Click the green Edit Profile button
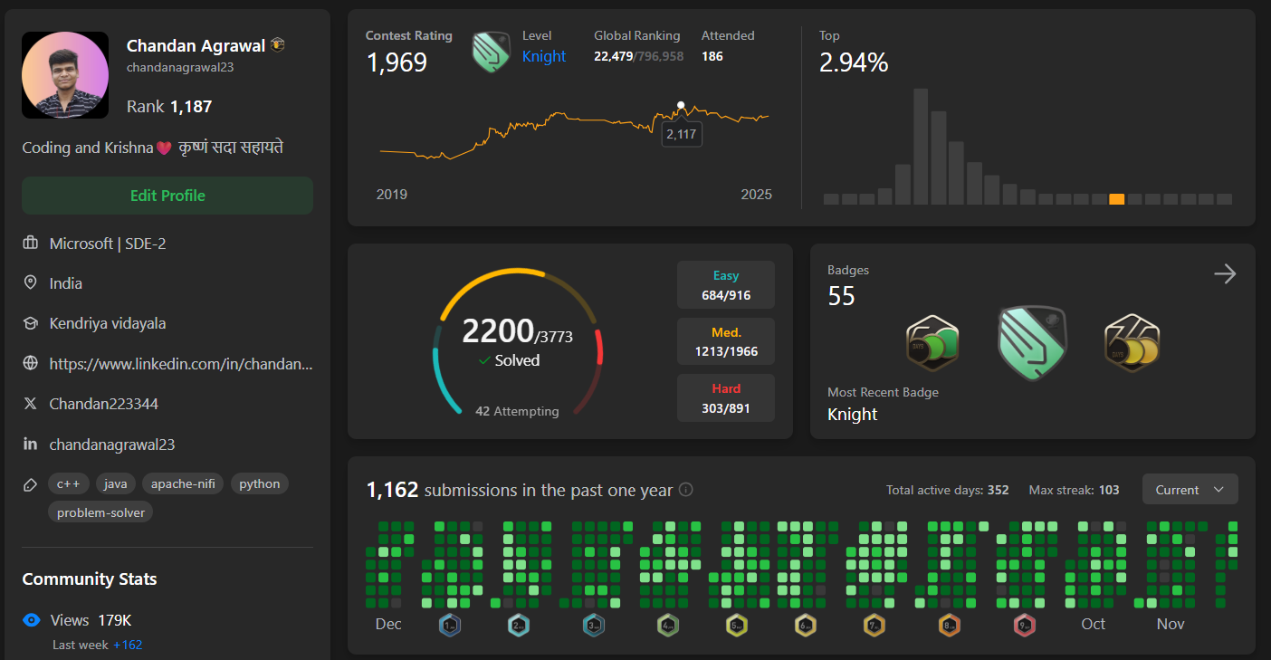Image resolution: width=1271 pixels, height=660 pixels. [167, 196]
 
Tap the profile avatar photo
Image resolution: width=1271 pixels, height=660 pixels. [65, 75]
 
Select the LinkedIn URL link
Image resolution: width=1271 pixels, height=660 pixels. [181, 363]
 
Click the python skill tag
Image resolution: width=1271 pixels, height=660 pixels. [260, 483]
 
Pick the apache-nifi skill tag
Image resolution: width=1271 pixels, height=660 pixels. [183, 483]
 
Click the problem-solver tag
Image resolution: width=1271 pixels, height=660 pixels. [100, 512]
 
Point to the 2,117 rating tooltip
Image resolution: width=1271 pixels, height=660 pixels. [682, 134]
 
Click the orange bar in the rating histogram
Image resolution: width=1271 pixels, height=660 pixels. [1117, 199]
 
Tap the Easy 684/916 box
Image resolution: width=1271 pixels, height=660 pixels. [726, 285]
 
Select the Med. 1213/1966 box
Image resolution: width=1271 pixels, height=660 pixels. [726, 341]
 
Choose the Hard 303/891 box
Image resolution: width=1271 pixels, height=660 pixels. [726, 397]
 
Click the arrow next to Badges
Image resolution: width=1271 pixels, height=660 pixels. [1225, 274]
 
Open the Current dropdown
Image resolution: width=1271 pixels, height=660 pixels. [1190, 490]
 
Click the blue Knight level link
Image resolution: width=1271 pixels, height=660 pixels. [544, 56]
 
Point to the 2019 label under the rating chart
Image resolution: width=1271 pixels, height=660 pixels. [392, 195]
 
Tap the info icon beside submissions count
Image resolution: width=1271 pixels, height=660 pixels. [686, 490]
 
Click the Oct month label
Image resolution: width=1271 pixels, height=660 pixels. [1094, 624]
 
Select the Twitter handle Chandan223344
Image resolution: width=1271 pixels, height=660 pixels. [104, 404]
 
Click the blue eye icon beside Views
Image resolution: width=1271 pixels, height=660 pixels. [32, 620]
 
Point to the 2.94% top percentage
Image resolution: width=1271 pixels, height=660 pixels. [854, 62]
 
